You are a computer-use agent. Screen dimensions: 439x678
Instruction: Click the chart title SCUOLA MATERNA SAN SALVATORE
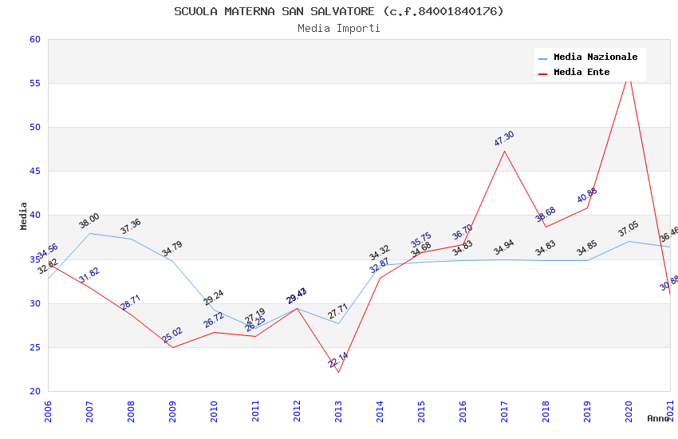click(339, 11)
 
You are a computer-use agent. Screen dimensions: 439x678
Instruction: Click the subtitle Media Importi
click(339, 28)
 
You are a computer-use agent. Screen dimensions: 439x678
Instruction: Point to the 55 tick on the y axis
click(34, 84)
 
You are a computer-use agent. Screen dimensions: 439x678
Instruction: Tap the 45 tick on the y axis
click(34, 172)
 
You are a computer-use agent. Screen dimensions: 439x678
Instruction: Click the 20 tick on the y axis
click(34, 391)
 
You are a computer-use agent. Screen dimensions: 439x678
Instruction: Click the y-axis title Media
click(24, 216)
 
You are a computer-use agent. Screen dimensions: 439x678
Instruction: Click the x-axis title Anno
click(658, 418)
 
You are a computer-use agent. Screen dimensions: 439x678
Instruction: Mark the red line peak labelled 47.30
click(504, 151)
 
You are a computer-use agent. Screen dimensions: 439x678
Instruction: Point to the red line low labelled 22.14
click(338, 372)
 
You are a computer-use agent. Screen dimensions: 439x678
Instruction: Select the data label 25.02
click(172, 334)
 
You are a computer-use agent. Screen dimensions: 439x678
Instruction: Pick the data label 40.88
click(587, 196)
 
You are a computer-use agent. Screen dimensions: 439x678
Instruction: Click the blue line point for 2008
click(131, 239)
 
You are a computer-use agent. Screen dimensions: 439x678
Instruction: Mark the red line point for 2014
click(380, 278)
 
